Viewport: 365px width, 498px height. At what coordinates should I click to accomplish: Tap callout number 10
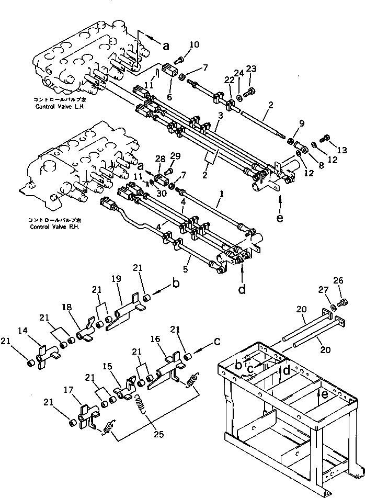195,44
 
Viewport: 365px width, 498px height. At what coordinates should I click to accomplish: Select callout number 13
341,150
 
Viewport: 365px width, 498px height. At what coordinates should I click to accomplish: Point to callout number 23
252,69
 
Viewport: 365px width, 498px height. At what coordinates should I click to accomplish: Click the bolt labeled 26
344,302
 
